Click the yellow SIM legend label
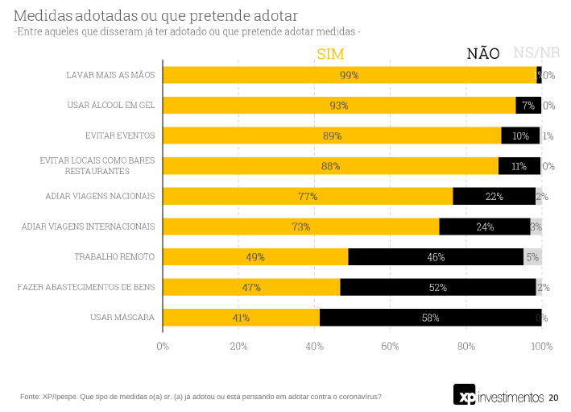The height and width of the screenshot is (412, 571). [x=331, y=54]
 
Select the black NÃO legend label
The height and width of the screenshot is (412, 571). [x=483, y=54]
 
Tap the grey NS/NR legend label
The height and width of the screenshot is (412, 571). [x=536, y=54]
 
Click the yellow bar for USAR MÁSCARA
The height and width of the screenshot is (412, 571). [x=242, y=318]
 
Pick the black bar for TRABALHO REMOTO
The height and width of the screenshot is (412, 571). [x=436, y=257]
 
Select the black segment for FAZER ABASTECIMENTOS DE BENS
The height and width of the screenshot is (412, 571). [x=438, y=287]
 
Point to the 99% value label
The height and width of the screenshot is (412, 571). [x=349, y=75]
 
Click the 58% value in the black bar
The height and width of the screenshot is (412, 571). [x=430, y=318]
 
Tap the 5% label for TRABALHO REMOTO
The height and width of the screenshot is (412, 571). [x=532, y=257]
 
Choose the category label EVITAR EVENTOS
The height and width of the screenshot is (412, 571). [x=120, y=135]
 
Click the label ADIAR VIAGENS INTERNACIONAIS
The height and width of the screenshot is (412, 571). [x=88, y=227]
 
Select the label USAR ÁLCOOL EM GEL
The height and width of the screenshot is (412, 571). [x=110, y=105]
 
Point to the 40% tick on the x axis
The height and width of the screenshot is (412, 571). [x=314, y=346]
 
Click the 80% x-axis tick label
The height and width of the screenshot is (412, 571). [x=466, y=346]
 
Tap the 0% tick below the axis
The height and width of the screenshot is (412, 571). [x=163, y=346]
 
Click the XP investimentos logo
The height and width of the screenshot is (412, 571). [x=499, y=396]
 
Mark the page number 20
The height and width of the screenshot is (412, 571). [x=553, y=397]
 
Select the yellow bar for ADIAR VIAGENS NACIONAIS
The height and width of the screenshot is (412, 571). [x=308, y=196]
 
